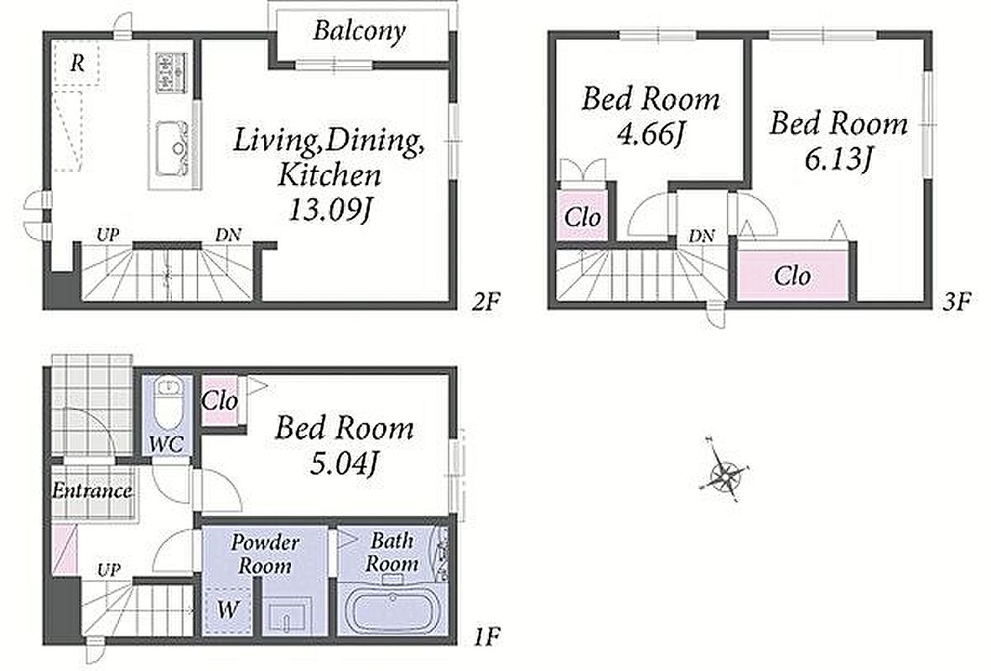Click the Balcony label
tap(359, 30)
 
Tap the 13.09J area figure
tap(328, 210)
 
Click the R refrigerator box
tap(76, 62)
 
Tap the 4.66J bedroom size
tap(651, 134)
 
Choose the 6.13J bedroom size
tap(838, 159)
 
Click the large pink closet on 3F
tap(793, 275)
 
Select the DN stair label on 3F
tap(702, 236)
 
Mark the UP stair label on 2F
tap(108, 235)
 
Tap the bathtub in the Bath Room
tap(392, 610)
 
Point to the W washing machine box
tap(227, 609)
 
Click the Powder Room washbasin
tap(288, 616)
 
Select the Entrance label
tap(92, 490)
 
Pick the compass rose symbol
tap(724, 469)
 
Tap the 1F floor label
tap(486, 634)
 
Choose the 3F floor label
tap(956, 302)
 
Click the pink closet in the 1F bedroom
tap(220, 400)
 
